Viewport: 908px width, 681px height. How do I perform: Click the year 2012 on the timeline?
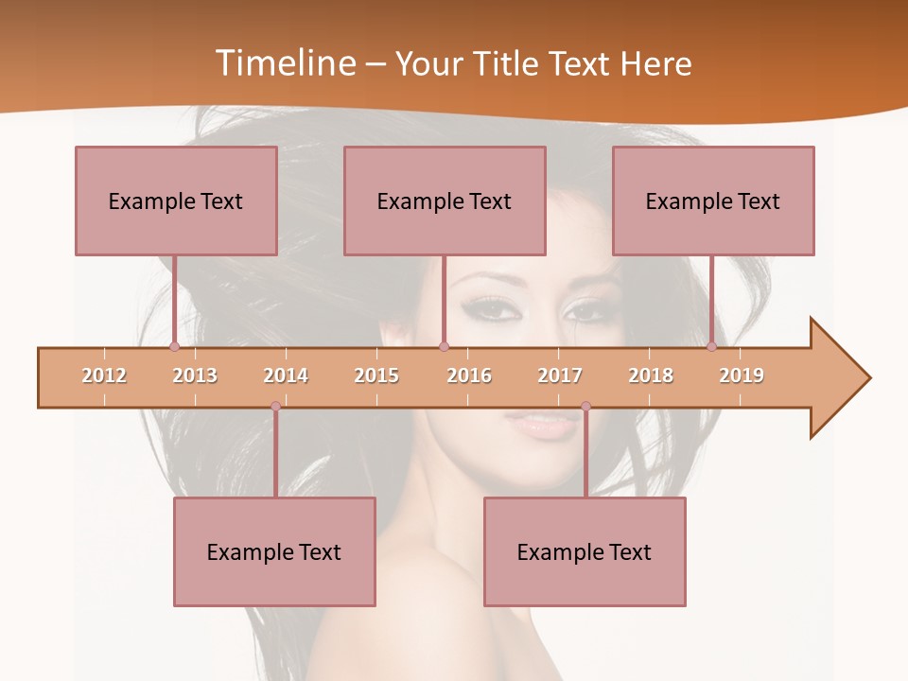[104, 375]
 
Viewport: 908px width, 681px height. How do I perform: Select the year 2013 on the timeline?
[195, 375]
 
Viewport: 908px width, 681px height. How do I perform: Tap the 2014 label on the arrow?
[286, 375]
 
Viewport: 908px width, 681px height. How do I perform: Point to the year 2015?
[376, 375]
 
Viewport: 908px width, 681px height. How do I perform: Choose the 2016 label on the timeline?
[469, 375]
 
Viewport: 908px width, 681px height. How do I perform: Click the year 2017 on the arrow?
[560, 375]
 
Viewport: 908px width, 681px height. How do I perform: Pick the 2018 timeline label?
[651, 375]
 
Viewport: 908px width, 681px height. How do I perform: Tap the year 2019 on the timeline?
[742, 375]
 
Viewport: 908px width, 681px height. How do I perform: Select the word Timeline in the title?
[285, 63]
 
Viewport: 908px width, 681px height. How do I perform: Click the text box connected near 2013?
[176, 201]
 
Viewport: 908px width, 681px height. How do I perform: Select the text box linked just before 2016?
[445, 201]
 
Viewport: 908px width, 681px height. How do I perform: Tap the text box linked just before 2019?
[713, 201]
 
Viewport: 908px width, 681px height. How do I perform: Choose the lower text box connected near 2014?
[274, 551]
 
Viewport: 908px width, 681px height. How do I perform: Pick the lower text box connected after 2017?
[585, 551]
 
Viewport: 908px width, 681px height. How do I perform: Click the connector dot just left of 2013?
[175, 347]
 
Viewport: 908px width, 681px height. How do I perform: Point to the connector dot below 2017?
[585, 407]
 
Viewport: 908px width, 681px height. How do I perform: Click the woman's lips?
[538, 424]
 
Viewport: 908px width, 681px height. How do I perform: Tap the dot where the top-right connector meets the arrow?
[712, 347]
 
